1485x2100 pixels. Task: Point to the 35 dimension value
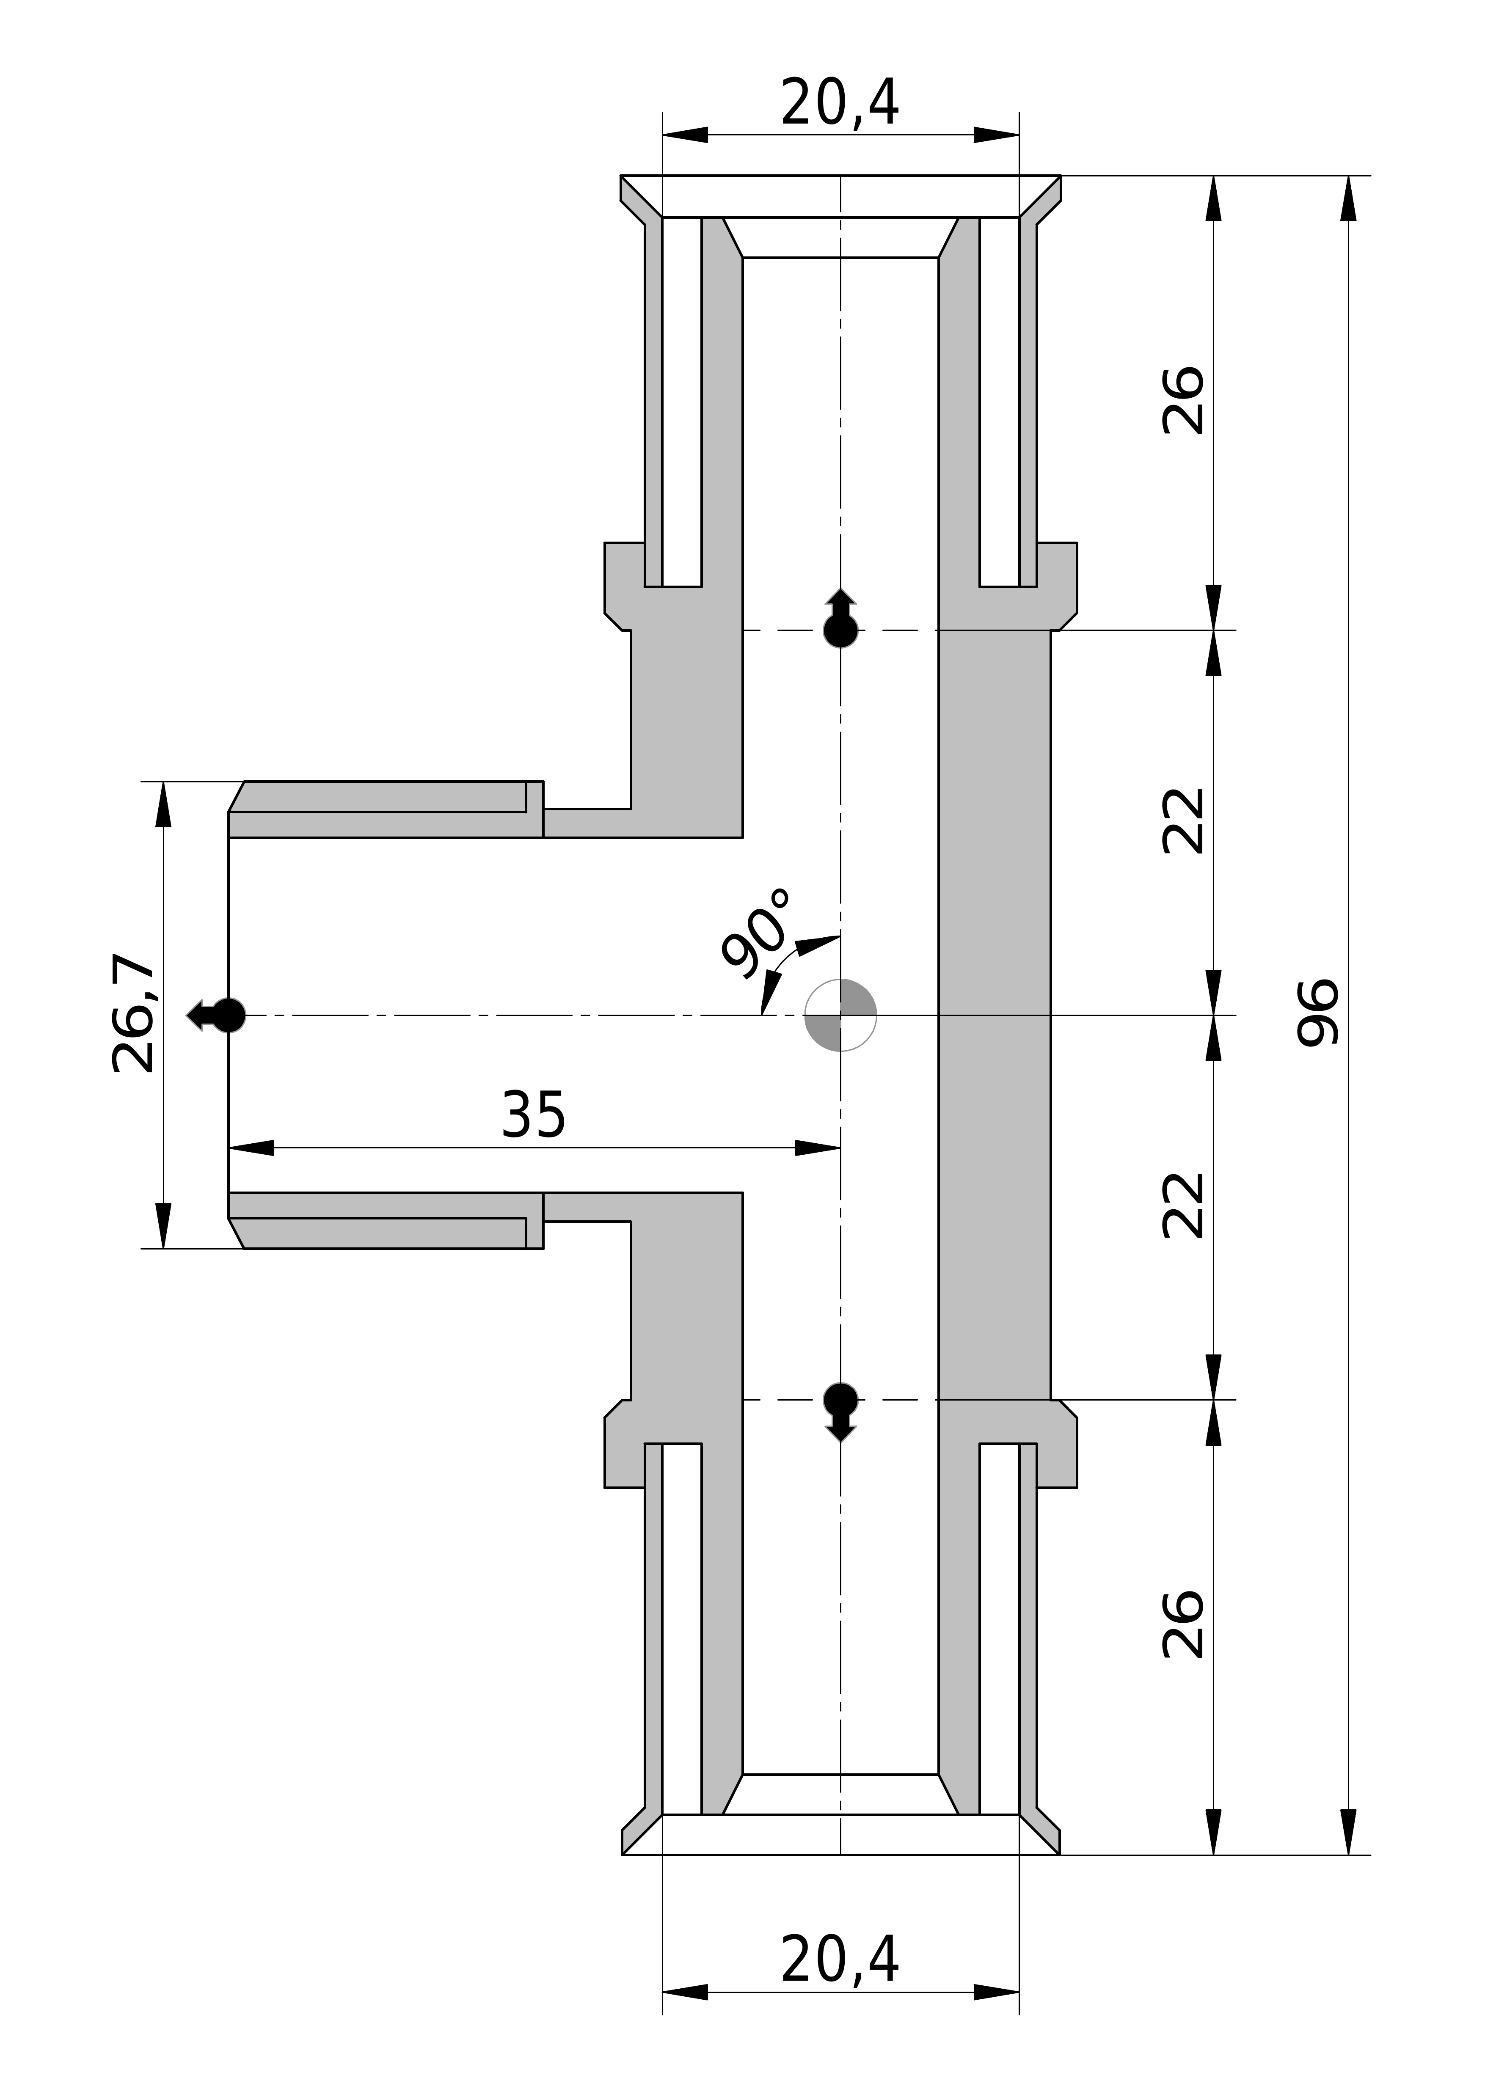[533, 1114]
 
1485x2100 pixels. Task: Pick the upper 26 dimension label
[1182, 401]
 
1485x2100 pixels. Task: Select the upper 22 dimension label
[1182, 820]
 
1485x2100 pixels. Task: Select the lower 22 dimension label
[1182, 1206]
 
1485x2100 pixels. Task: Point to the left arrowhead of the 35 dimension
[251, 1148]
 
